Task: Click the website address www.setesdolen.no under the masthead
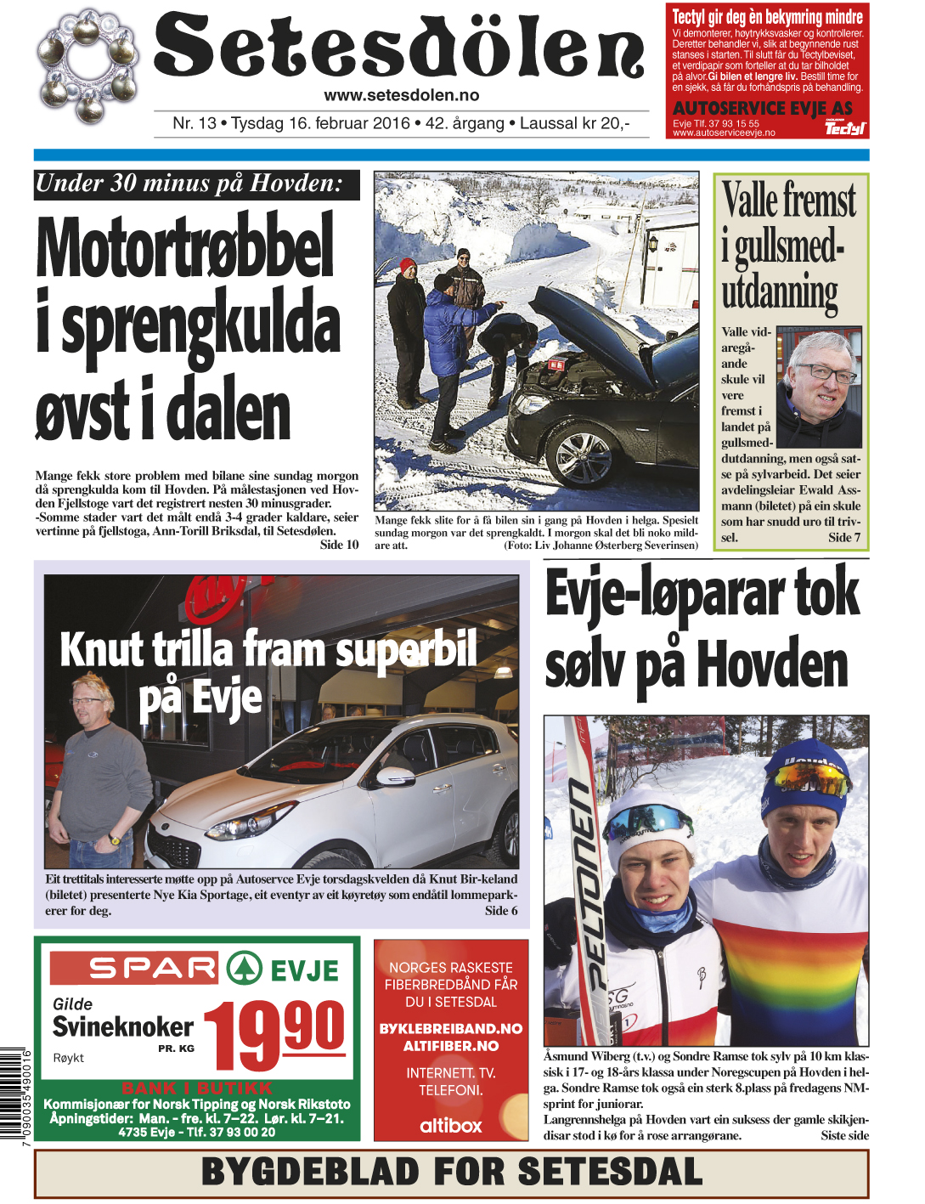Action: pyautogui.click(x=401, y=96)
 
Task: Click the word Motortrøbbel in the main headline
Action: pyautogui.click(x=185, y=246)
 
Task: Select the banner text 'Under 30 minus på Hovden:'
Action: pyautogui.click(x=189, y=184)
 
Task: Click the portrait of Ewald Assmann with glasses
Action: pyautogui.click(x=819, y=387)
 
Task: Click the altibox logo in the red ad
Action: pyautogui.click(x=451, y=1125)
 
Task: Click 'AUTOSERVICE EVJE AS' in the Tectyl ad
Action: pyautogui.click(x=762, y=109)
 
